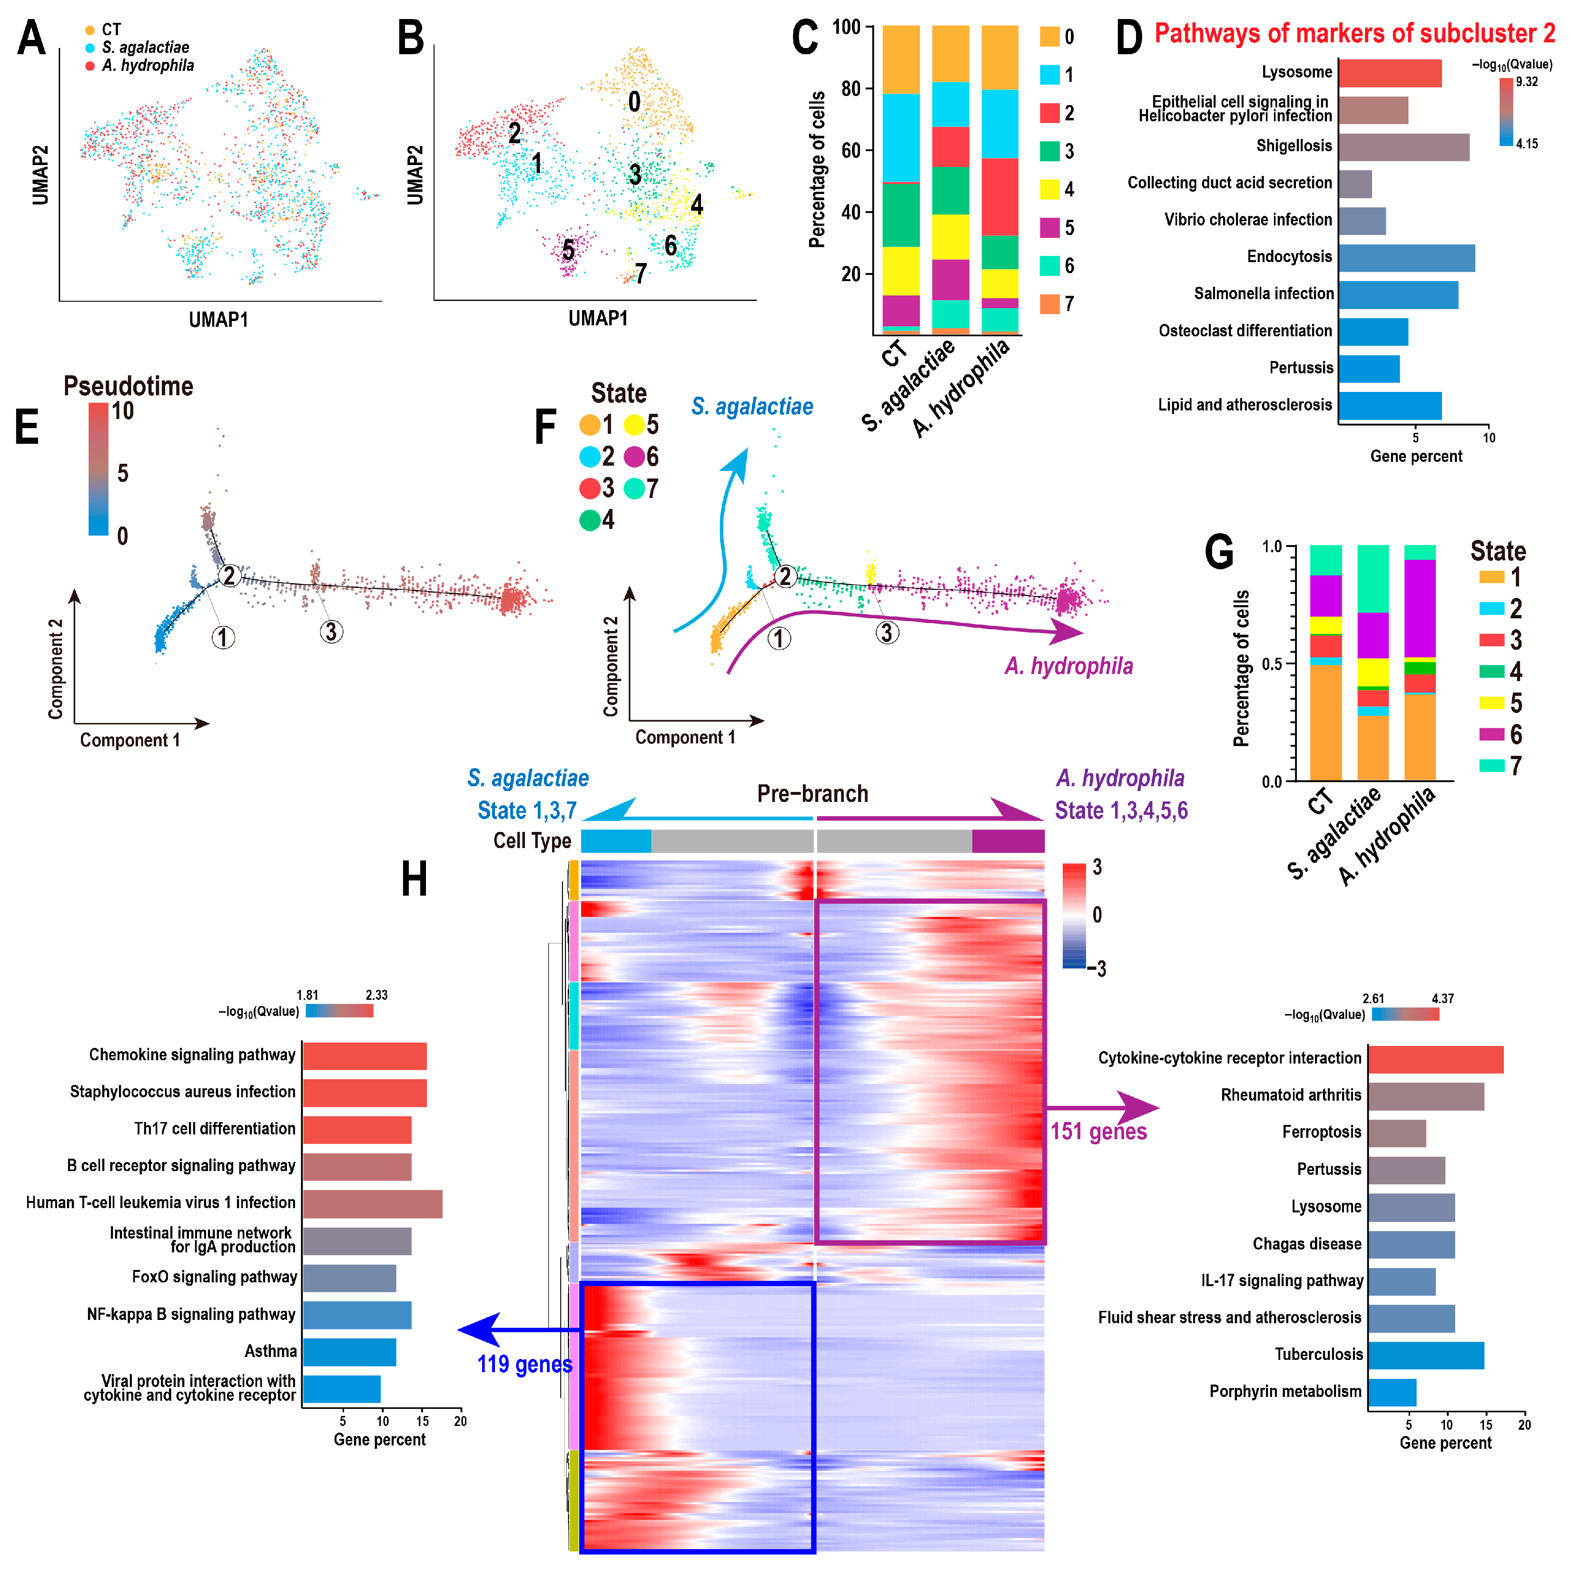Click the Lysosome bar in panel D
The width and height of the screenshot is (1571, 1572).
coord(1390,73)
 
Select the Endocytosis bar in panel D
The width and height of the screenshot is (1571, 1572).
coord(1406,258)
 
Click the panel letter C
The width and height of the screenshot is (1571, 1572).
coord(804,38)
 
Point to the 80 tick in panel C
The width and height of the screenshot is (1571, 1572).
coord(850,88)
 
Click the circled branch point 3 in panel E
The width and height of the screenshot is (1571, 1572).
coord(330,631)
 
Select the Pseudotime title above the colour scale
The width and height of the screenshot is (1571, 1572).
coord(128,386)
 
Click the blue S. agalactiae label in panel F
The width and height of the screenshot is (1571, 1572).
coord(751,406)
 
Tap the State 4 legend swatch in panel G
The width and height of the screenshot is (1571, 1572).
coord(1491,671)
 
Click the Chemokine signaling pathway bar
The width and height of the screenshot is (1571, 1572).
coord(365,1056)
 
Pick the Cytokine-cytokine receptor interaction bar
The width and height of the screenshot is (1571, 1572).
coord(1435,1059)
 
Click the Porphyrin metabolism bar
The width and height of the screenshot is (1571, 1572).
coord(1392,1392)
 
